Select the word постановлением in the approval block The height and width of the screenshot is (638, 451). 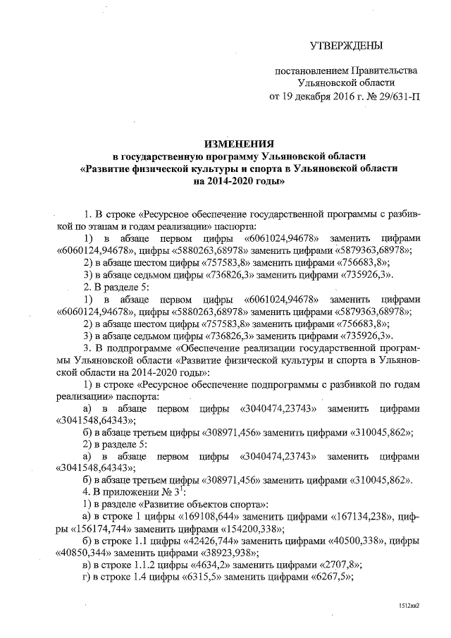(x=307, y=72)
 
